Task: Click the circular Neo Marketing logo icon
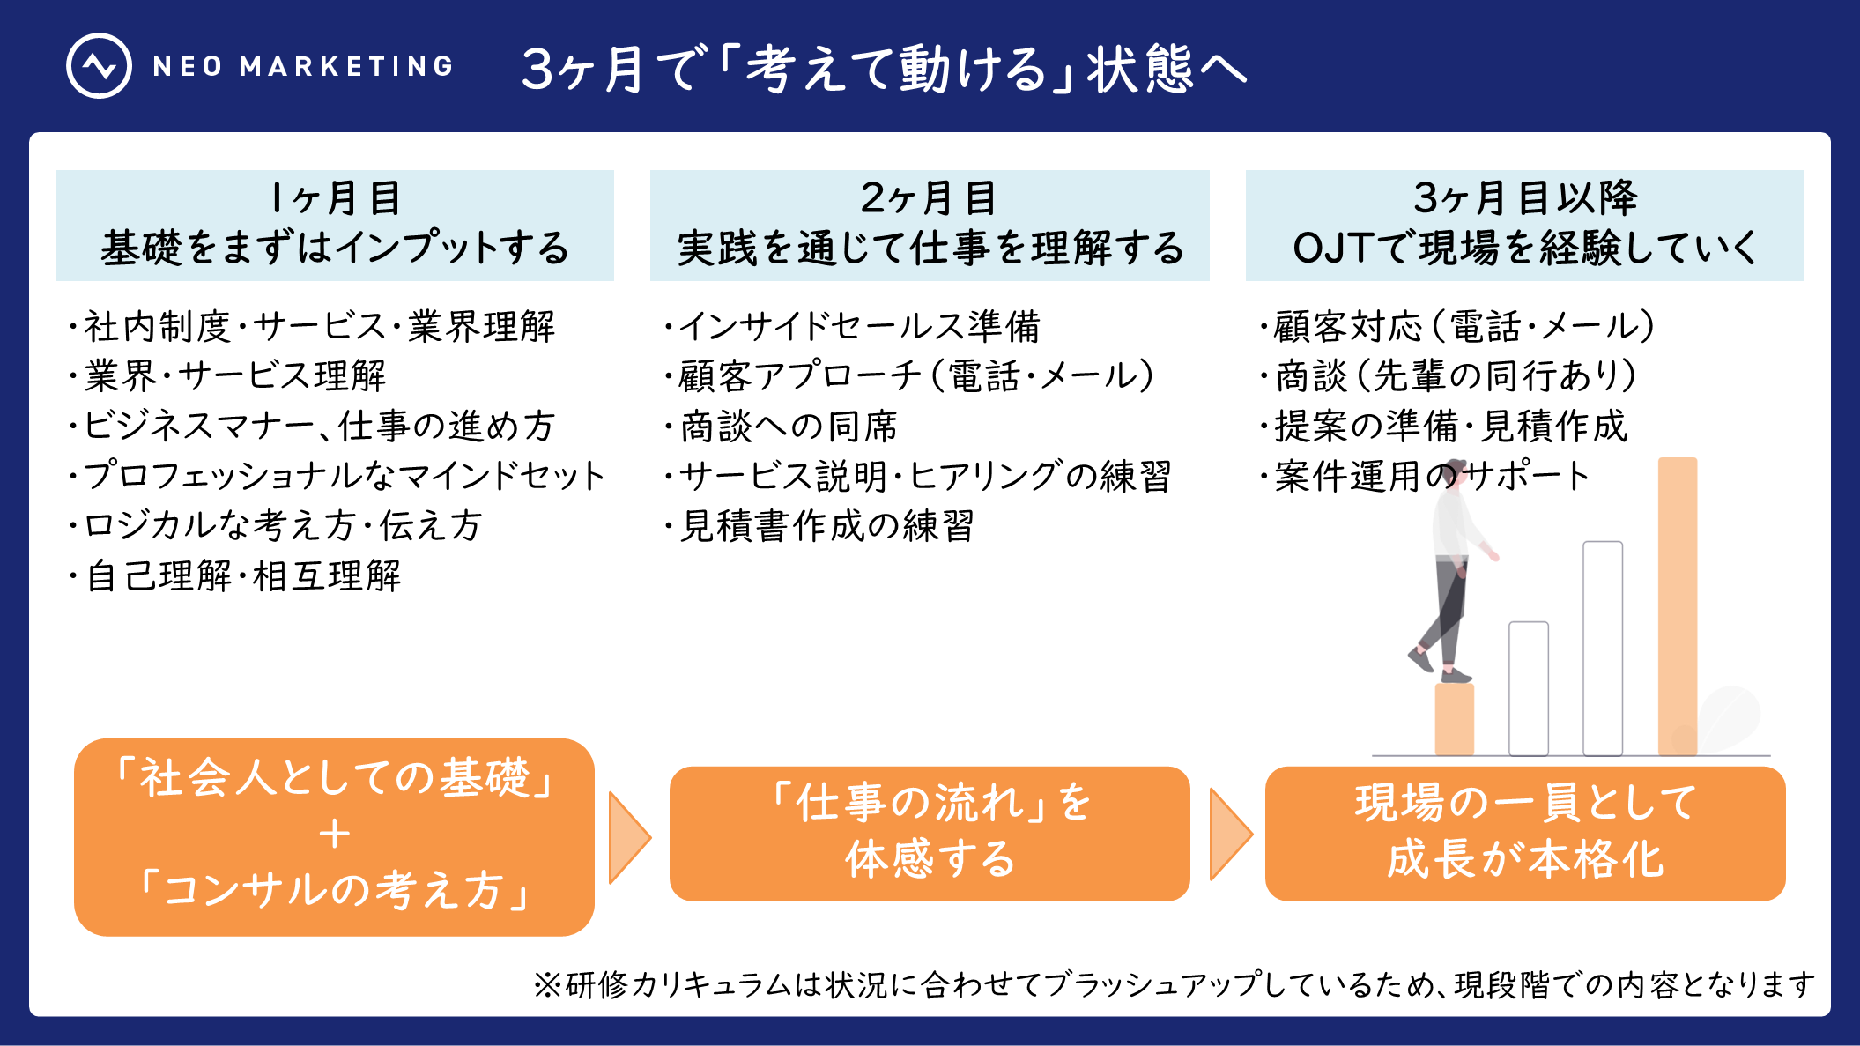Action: (99, 66)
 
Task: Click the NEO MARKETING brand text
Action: (303, 66)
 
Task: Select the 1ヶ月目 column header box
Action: (335, 225)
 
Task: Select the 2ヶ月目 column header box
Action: (930, 225)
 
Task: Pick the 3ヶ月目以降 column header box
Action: (1524, 225)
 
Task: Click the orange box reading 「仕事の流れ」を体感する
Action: (930, 833)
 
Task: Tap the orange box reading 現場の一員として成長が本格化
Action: (1524, 833)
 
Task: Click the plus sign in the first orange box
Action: (335, 834)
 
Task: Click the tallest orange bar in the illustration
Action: (1677, 608)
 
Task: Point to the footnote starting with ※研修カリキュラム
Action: (1174, 984)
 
